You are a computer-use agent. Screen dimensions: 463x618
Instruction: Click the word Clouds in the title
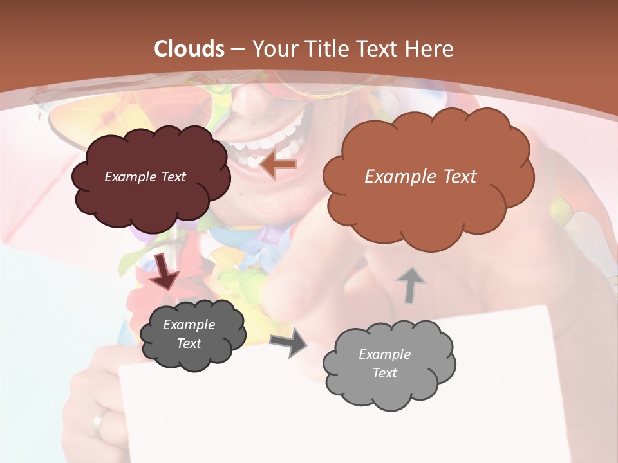pos(189,49)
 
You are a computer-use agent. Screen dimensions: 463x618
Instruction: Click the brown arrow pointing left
pos(278,165)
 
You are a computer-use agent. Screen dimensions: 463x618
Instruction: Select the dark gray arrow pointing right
pos(288,342)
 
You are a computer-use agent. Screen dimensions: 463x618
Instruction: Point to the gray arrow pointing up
pos(411,284)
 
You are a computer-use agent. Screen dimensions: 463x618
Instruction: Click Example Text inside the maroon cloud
pos(145,177)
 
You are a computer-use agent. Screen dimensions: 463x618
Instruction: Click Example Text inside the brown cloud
pos(420,177)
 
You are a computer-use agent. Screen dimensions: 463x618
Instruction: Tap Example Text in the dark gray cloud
pos(189,334)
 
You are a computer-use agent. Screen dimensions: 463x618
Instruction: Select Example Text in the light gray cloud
pos(384,363)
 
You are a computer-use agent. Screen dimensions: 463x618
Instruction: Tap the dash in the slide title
pos(238,49)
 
